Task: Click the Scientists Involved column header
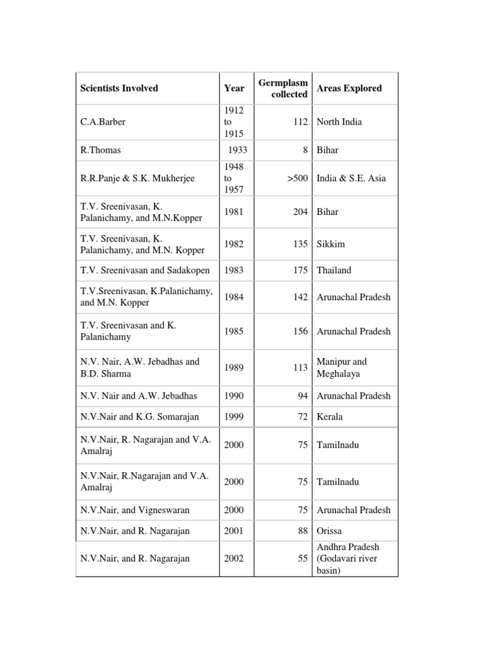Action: (119, 88)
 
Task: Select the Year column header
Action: (234, 88)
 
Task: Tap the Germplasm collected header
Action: (283, 88)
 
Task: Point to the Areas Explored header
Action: (349, 88)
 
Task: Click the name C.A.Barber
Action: (104, 122)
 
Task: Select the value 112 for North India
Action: (300, 122)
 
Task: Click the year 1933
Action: (237, 150)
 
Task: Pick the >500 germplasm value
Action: (297, 179)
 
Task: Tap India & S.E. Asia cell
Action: (350, 179)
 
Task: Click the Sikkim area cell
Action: (331, 244)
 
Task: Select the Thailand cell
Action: (335, 270)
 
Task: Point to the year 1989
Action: (234, 368)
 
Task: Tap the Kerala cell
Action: (329, 416)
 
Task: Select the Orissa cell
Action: (329, 531)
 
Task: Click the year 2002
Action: (234, 558)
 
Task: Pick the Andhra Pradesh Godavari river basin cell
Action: (348, 558)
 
